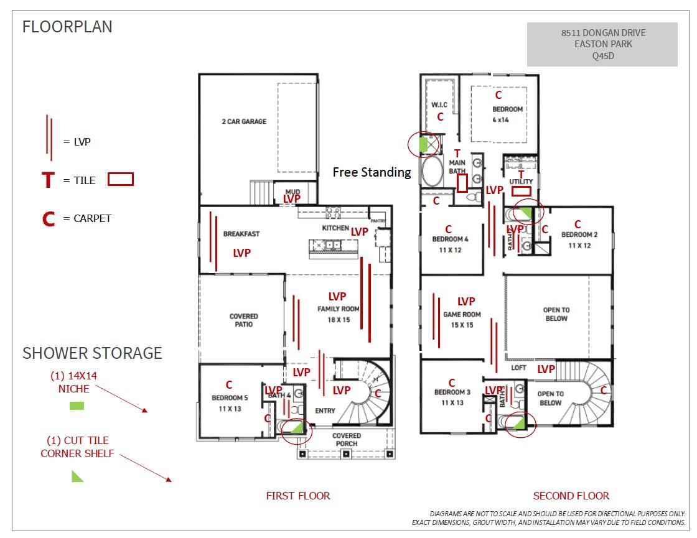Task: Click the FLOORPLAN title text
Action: point(67,27)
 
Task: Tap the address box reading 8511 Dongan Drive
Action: point(602,44)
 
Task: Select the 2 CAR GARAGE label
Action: point(244,121)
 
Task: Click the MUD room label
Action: point(292,192)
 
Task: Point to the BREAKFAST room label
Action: point(241,234)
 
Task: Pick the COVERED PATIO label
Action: point(243,320)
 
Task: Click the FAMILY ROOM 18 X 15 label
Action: point(339,313)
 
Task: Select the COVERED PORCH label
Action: point(347,439)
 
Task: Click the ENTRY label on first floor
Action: point(325,410)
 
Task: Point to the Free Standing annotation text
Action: point(372,172)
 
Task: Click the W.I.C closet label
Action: point(439,105)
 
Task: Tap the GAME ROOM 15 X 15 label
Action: point(462,320)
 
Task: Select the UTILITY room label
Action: point(521,182)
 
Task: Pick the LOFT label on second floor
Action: point(518,368)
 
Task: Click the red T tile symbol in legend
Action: point(48,180)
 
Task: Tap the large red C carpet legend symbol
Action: point(48,219)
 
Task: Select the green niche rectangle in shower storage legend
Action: point(77,406)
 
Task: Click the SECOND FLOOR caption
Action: point(571,496)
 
